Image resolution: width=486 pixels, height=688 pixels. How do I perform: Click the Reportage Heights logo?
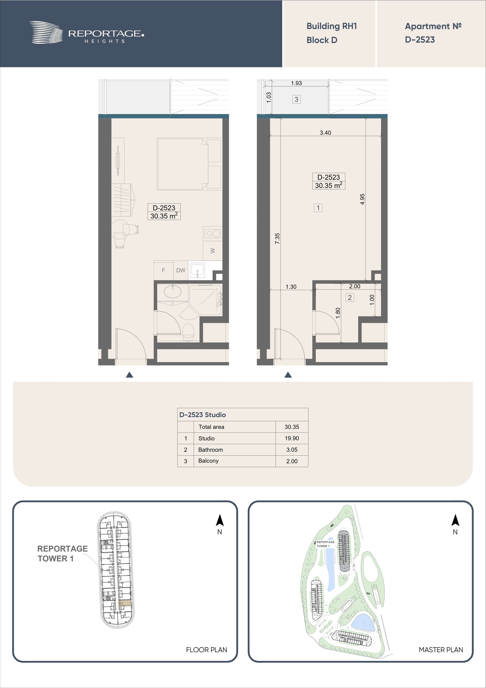[x=87, y=32]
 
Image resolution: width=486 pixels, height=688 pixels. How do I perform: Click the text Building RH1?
[x=332, y=26]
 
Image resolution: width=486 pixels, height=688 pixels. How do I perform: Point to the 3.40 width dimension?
[x=325, y=132]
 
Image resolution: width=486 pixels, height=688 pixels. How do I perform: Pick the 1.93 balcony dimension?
[x=296, y=83]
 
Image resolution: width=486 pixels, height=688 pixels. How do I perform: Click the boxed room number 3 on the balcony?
[x=296, y=99]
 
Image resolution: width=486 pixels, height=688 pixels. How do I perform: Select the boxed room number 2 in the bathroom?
[x=350, y=298]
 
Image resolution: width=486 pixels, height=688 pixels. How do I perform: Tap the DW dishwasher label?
[x=180, y=270]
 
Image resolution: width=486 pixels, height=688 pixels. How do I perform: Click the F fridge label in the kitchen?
[x=164, y=270]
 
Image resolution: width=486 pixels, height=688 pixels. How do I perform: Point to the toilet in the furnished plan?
[x=188, y=331]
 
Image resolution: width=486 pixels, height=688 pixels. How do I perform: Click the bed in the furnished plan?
[x=183, y=164]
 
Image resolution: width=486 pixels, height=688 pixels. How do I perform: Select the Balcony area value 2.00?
[x=292, y=461]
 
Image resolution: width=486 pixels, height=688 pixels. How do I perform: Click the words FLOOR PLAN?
[x=206, y=650]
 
